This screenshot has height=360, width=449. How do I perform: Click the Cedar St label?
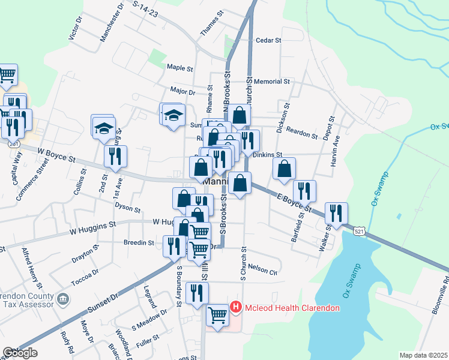pyautogui.click(x=268, y=41)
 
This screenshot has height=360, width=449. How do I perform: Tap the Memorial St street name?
pyautogui.click(x=271, y=81)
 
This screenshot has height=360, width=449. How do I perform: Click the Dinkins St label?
pyautogui.click(x=267, y=155)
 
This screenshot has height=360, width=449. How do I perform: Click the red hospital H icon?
pyautogui.click(x=236, y=308)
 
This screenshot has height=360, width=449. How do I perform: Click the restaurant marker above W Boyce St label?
pyautogui.click(x=115, y=155)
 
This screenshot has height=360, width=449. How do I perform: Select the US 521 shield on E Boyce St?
pyautogui.click(x=358, y=231)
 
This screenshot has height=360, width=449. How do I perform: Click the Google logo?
pyautogui.click(x=20, y=353)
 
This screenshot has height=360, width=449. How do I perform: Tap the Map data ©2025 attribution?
pyautogui.click(x=423, y=355)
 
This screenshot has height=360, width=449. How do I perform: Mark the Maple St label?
pyautogui.click(x=179, y=68)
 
